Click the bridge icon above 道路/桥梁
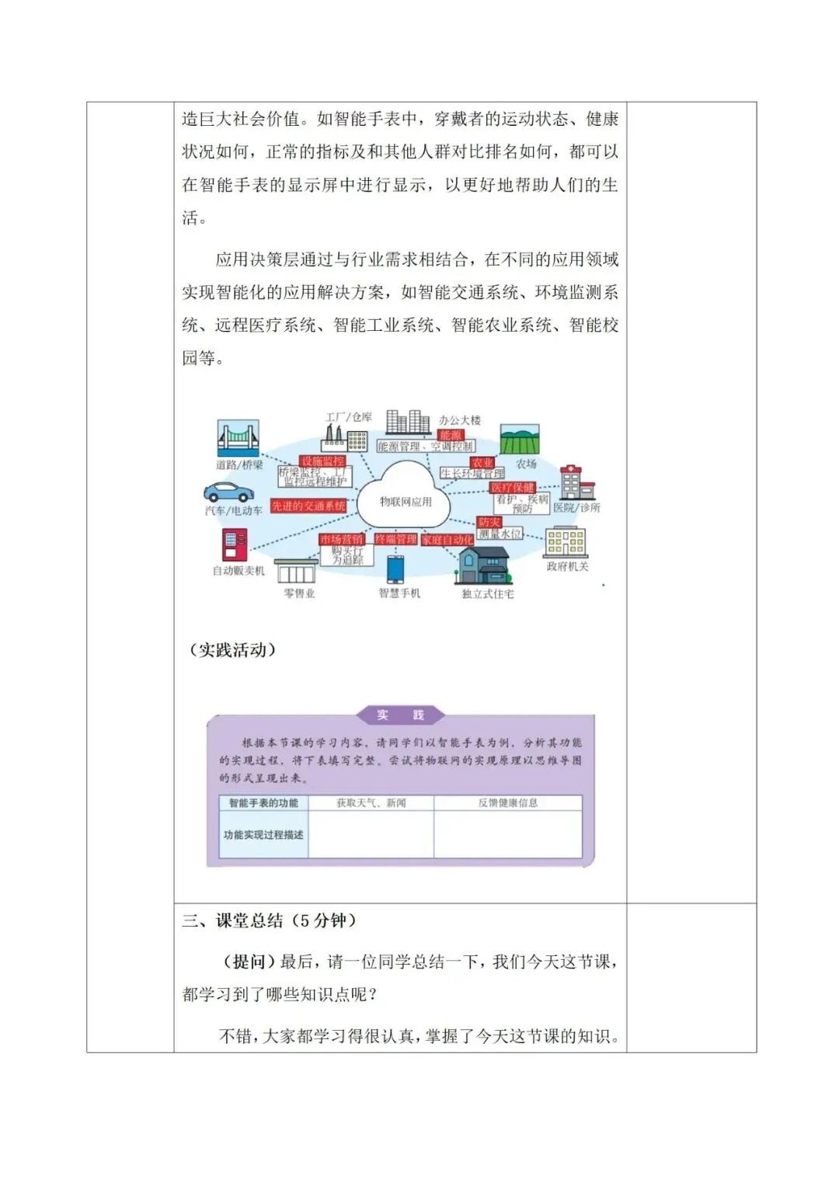point(238,439)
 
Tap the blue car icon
point(228,492)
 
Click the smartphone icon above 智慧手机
point(396,569)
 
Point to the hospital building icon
point(576,482)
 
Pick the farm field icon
point(520,440)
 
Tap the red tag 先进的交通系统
point(308,506)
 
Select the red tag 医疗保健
point(513,488)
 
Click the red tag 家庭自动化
point(447,540)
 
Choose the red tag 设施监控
point(322,461)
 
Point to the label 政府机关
point(567,567)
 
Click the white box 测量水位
point(500,534)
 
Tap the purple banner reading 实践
point(401,715)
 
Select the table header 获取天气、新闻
point(371,803)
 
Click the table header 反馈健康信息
point(507,803)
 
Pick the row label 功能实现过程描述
point(263,835)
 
